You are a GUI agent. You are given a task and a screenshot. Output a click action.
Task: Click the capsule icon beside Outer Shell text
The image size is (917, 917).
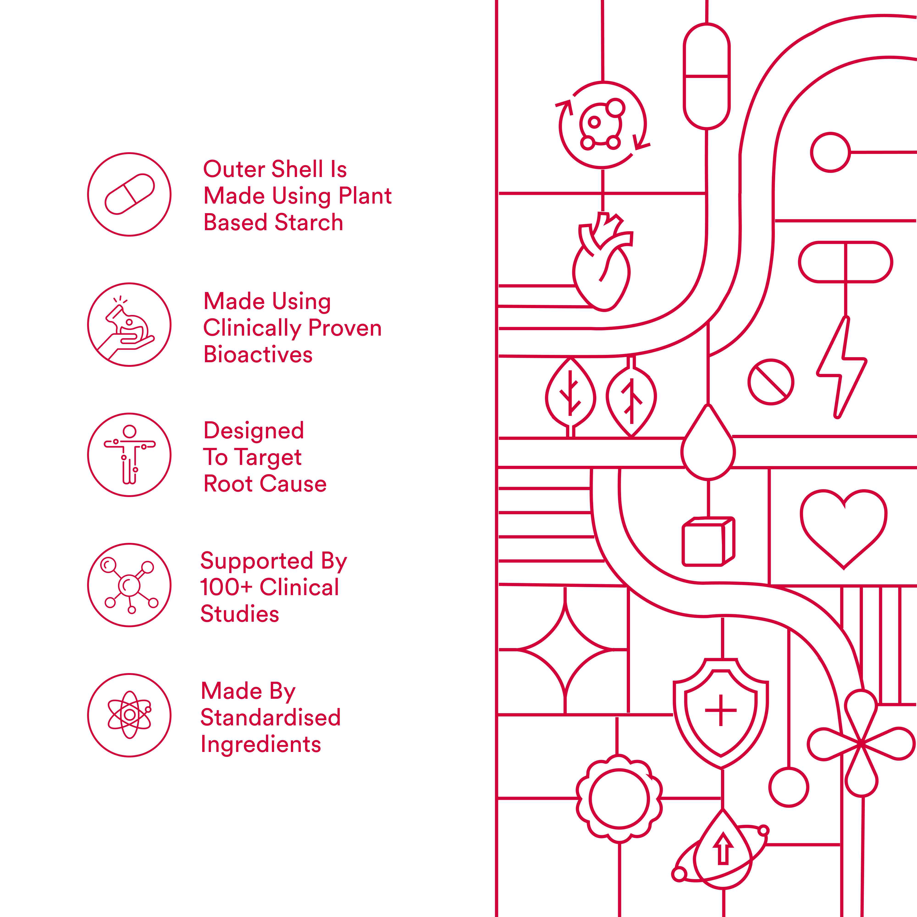coord(129,194)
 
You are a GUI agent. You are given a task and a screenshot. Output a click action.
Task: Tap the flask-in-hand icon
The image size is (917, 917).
coord(129,325)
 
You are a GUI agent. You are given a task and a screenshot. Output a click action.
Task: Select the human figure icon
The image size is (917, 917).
coord(129,455)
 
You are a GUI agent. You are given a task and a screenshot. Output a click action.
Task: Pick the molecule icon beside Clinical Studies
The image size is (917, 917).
coord(129,585)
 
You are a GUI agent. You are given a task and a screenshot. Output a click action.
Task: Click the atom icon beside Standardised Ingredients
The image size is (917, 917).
coord(129,715)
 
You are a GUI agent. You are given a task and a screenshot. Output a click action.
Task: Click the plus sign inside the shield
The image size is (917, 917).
coord(721,710)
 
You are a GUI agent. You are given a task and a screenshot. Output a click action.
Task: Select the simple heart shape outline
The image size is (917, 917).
coord(843,527)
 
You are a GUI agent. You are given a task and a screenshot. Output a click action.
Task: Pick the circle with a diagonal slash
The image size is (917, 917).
coord(771,382)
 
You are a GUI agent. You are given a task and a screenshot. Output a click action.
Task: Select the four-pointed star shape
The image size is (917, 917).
coord(565,649)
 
